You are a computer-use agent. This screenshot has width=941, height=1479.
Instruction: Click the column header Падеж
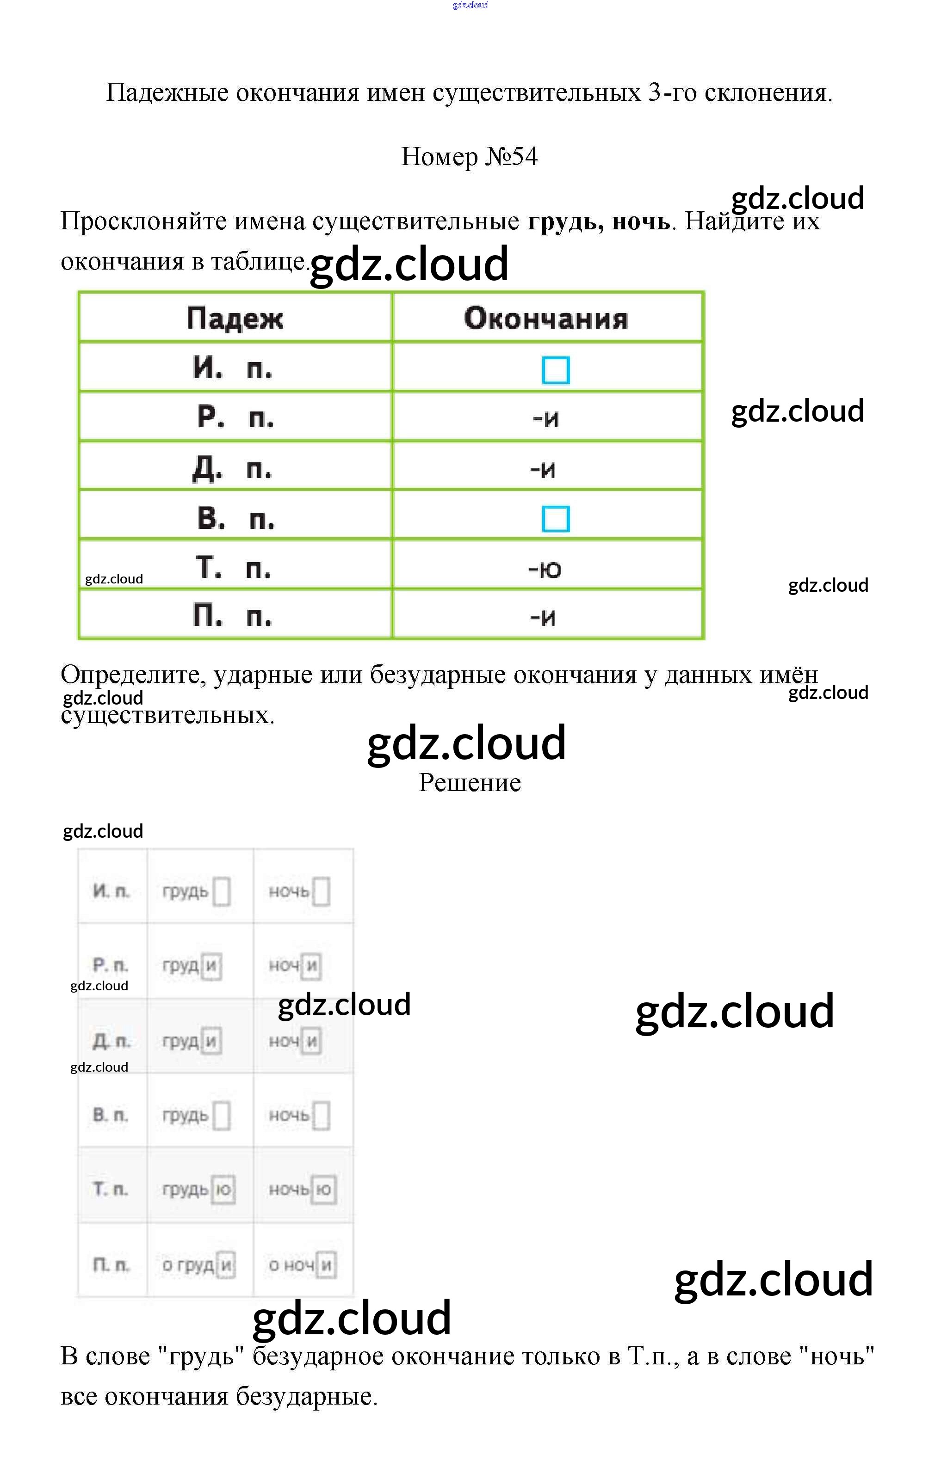click(x=235, y=318)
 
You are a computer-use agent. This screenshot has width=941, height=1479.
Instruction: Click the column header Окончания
click(x=546, y=318)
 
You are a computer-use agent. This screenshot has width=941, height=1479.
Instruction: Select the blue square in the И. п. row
click(x=556, y=370)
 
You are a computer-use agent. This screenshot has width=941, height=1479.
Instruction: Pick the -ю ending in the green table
click(x=545, y=569)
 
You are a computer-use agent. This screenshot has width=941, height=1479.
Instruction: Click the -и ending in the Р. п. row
click(x=546, y=419)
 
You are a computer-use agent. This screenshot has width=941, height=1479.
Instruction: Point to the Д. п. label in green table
click(x=232, y=469)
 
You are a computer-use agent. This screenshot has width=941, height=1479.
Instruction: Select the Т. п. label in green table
click(x=233, y=568)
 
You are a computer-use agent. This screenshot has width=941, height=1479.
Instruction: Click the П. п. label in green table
click(x=232, y=615)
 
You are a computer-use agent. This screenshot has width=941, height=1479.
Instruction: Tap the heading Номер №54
click(x=470, y=157)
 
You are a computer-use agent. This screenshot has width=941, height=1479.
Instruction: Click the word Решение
click(x=470, y=782)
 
